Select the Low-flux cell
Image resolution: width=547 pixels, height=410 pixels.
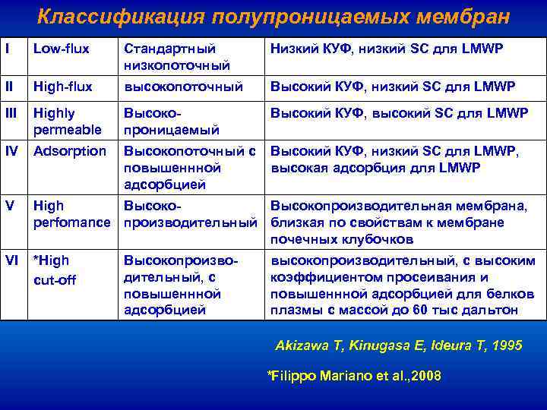point(60,49)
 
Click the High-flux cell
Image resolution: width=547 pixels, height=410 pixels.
point(62,87)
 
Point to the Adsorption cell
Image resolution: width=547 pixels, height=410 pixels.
point(69,151)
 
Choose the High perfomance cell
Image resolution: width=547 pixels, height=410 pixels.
point(71,213)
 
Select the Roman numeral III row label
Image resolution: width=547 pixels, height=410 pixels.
point(11,113)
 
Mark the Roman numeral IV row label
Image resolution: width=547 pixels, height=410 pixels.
point(11,151)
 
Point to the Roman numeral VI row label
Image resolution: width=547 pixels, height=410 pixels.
point(11,261)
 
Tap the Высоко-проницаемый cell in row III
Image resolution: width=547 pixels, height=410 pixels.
point(171,121)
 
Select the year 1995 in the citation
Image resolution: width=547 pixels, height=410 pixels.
point(507,345)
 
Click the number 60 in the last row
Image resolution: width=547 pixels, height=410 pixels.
point(441,310)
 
